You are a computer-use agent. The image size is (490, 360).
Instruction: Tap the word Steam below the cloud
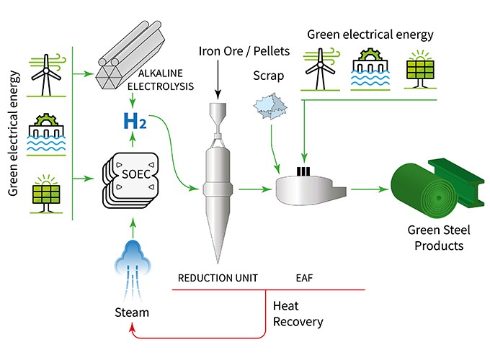click(132, 312)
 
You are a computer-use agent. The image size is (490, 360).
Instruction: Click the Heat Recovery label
click(298, 314)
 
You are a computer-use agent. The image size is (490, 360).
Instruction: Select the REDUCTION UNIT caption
click(217, 276)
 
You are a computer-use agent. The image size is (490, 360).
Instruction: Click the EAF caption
click(305, 276)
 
